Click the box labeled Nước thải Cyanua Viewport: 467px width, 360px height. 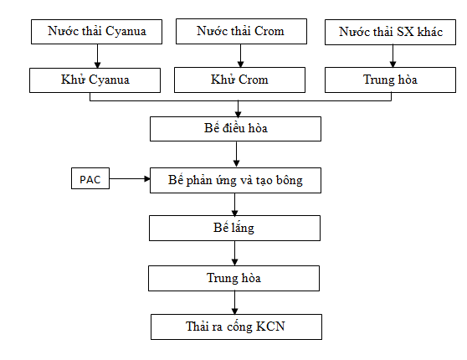click(x=96, y=32)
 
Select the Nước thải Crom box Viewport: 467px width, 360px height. click(x=241, y=31)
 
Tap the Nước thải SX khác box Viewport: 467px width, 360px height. click(x=390, y=32)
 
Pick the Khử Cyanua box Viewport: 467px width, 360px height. click(x=95, y=80)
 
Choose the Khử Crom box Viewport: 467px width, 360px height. click(x=239, y=80)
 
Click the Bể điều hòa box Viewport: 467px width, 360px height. click(x=235, y=129)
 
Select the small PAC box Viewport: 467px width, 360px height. click(x=90, y=178)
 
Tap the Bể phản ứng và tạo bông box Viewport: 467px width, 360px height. click(x=235, y=180)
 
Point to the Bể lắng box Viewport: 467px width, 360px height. click(x=234, y=228)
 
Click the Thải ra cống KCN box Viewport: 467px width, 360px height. click(x=237, y=327)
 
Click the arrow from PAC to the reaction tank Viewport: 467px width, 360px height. click(x=130, y=179)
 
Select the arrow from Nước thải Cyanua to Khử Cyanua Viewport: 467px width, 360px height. click(x=97, y=56)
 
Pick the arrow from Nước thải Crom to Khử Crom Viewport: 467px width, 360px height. click(x=241, y=56)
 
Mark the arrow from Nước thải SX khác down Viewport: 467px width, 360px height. click(x=393, y=56)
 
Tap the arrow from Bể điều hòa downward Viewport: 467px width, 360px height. click(x=237, y=154)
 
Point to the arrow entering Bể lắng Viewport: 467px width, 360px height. click(x=234, y=204)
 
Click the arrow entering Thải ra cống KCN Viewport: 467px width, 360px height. click(x=234, y=302)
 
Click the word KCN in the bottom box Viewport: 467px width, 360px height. click(x=270, y=327)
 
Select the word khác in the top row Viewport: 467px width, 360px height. click(x=430, y=32)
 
